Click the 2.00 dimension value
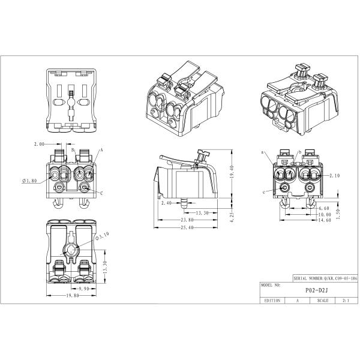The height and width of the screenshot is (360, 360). click(40, 145)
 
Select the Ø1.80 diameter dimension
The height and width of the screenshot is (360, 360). click(29, 180)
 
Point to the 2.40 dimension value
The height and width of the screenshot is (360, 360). click(166, 203)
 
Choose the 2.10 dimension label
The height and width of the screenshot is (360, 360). click(335, 175)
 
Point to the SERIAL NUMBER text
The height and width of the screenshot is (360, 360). click(310, 278)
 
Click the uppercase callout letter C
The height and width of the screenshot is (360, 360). click(101, 193)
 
